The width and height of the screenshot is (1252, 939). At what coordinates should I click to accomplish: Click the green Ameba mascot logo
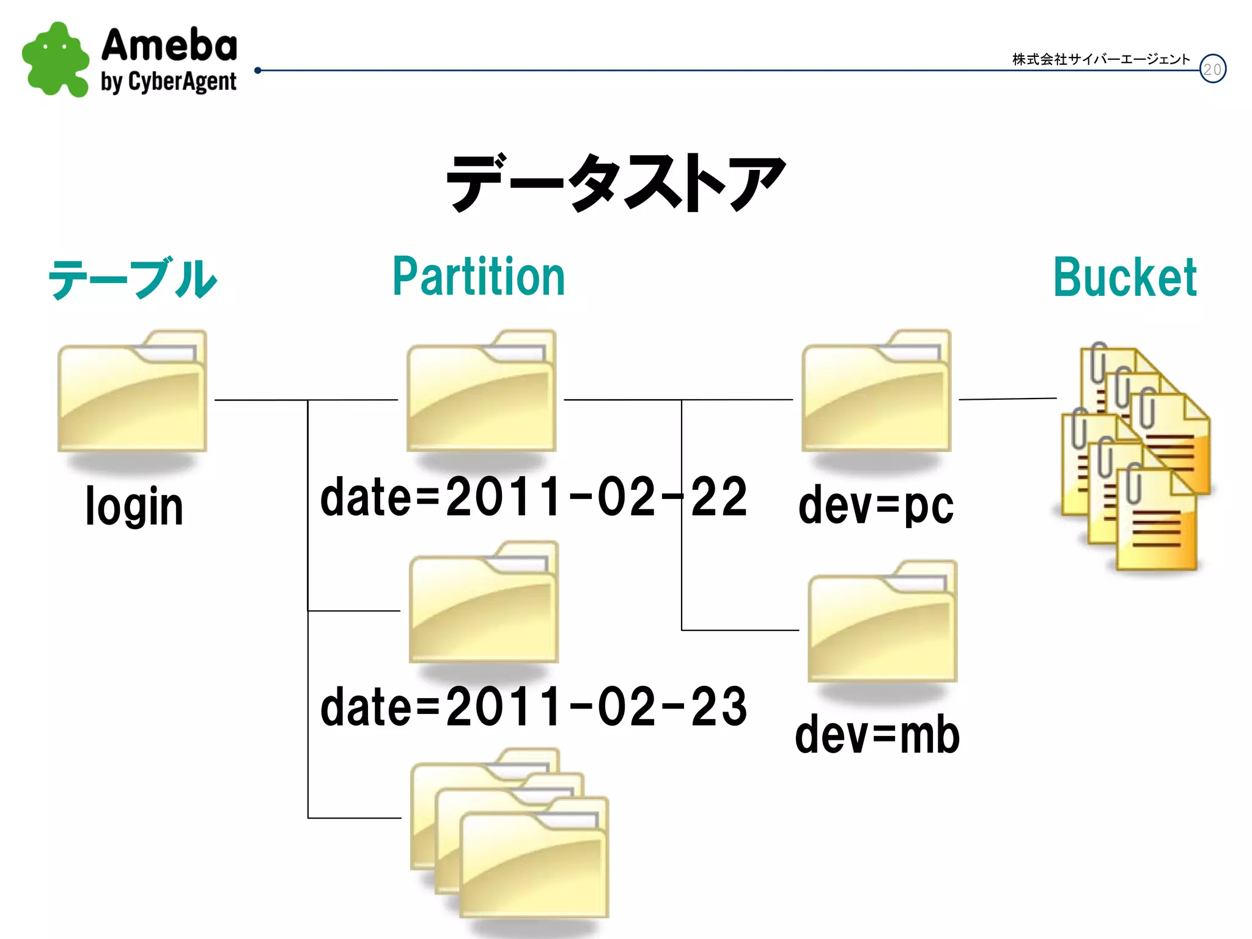[x=55, y=60]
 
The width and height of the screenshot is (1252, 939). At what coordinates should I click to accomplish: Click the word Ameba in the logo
[x=169, y=45]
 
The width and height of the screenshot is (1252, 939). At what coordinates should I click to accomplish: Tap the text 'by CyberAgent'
[x=169, y=82]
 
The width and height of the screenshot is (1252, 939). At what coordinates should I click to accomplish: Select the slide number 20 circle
[x=1212, y=69]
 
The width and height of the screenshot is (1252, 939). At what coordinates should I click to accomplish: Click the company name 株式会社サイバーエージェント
[x=1100, y=59]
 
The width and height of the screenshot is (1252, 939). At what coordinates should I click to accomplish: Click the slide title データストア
[x=616, y=182]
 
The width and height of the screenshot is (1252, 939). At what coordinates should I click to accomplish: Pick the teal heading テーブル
[x=132, y=279]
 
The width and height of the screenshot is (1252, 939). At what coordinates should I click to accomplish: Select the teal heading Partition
[x=479, y=277]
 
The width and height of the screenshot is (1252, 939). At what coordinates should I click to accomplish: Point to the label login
[x=134, y=506]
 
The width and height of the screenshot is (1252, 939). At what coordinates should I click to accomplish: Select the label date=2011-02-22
[x=533, y=496]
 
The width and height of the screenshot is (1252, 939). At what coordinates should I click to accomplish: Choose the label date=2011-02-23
[x=533, y=707]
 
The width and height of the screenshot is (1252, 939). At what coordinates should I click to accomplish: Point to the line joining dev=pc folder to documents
[x=1007, y=399]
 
